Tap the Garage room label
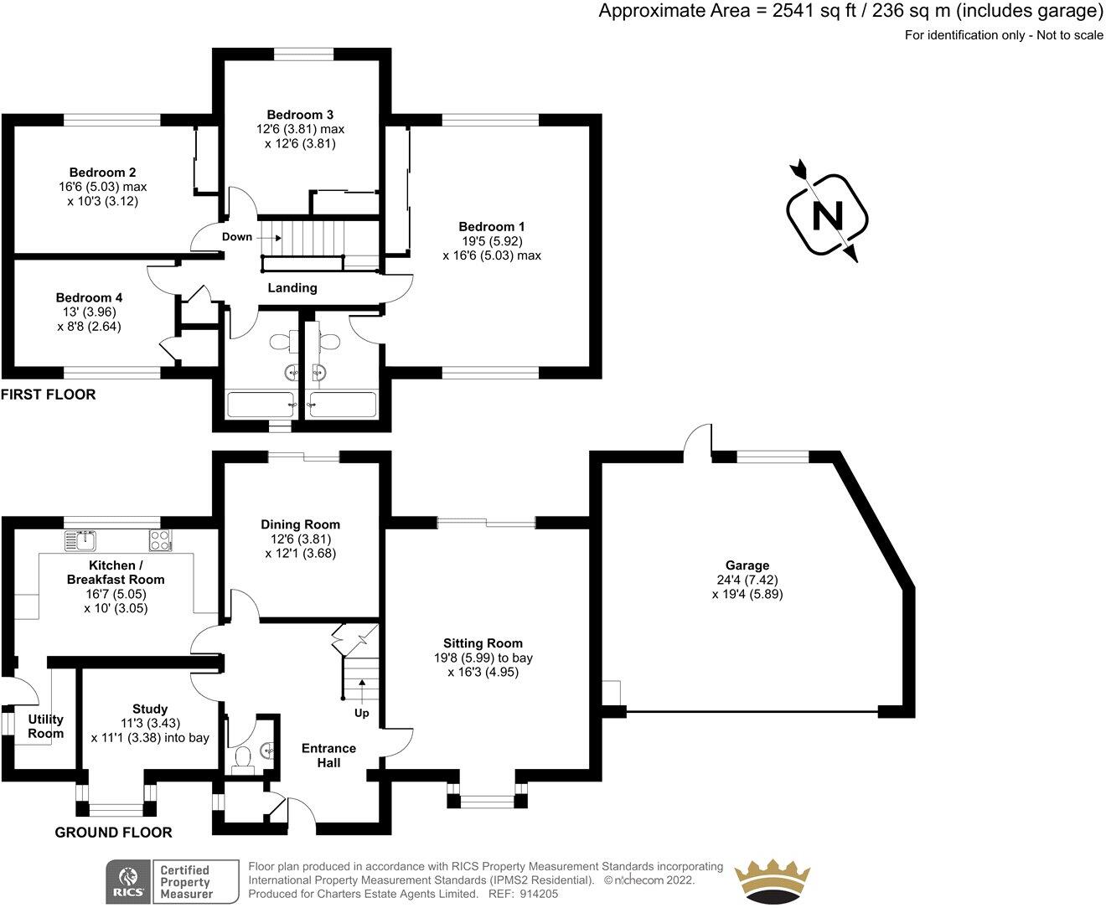pyautogui.click(x=748, y=565)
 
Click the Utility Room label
pyautogui.click(x=45, y=726)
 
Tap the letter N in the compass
pyautogui.click(x=828, y=216)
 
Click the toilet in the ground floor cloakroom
pyautogui.click(x=244, y=757)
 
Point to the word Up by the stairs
pyautogui.click(x=362, y=714)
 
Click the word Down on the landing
pyautogui.click(x=237, y=237)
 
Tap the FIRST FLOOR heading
pyautogui.click(x=49, y=395)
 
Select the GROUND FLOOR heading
pyautogui.click(x=113, y=833)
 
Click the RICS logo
pyautogui.click(x=126, y=882)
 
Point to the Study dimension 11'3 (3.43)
pyautogui.click(x=150, y=724)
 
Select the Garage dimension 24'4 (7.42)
pyautogui.click(x=748, y=580)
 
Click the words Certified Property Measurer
pyautogui.click(x=185, y=882)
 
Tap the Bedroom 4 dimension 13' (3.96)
pyautogui.click(x=89, y=312)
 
